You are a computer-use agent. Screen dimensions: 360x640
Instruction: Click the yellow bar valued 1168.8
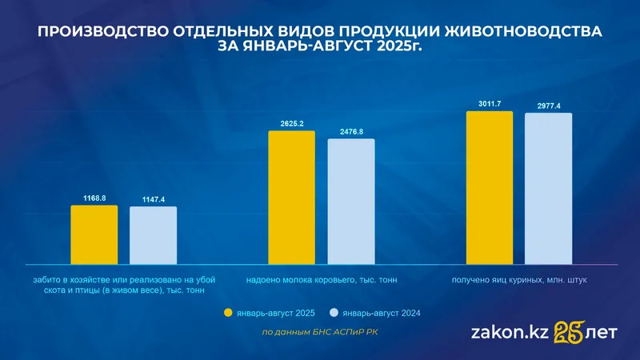(94, 234)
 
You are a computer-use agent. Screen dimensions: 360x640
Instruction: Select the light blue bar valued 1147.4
(153, 235)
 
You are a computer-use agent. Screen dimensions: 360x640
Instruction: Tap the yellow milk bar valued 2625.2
(291, 197)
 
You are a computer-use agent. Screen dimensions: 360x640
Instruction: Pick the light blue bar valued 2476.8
(350, 201)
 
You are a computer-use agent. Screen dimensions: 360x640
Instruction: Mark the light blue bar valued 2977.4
(548, 188)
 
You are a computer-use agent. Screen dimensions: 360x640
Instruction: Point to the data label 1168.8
(94, 198)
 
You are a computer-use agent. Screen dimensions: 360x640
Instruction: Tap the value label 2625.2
(291, 123)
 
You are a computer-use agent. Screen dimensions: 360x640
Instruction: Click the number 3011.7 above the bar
(489, 104)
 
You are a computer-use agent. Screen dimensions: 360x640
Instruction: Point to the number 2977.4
(548, 106)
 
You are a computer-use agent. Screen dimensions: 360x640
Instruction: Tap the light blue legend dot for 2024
(334, 313)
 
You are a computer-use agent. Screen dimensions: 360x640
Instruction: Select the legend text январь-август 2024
(381, 313)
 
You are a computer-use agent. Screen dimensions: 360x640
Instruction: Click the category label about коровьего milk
(322, 280)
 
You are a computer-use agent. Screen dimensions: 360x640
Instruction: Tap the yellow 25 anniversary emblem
(569, 330)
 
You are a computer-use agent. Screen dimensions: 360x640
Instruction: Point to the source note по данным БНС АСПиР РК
(320, 332)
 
